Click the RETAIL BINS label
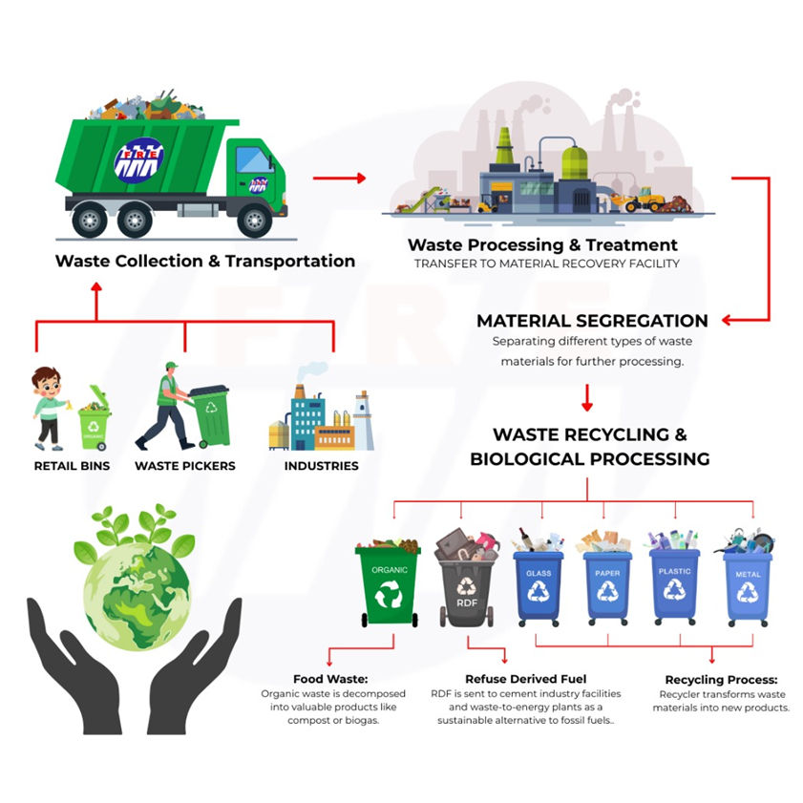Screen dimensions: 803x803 72,466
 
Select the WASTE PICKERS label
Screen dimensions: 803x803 184,466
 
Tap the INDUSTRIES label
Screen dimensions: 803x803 321,466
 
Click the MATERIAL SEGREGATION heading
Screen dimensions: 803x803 592,321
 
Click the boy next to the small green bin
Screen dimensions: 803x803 49,408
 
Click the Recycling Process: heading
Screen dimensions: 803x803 720,679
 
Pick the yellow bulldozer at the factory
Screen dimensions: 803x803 645,199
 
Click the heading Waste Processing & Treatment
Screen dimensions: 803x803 542,245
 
